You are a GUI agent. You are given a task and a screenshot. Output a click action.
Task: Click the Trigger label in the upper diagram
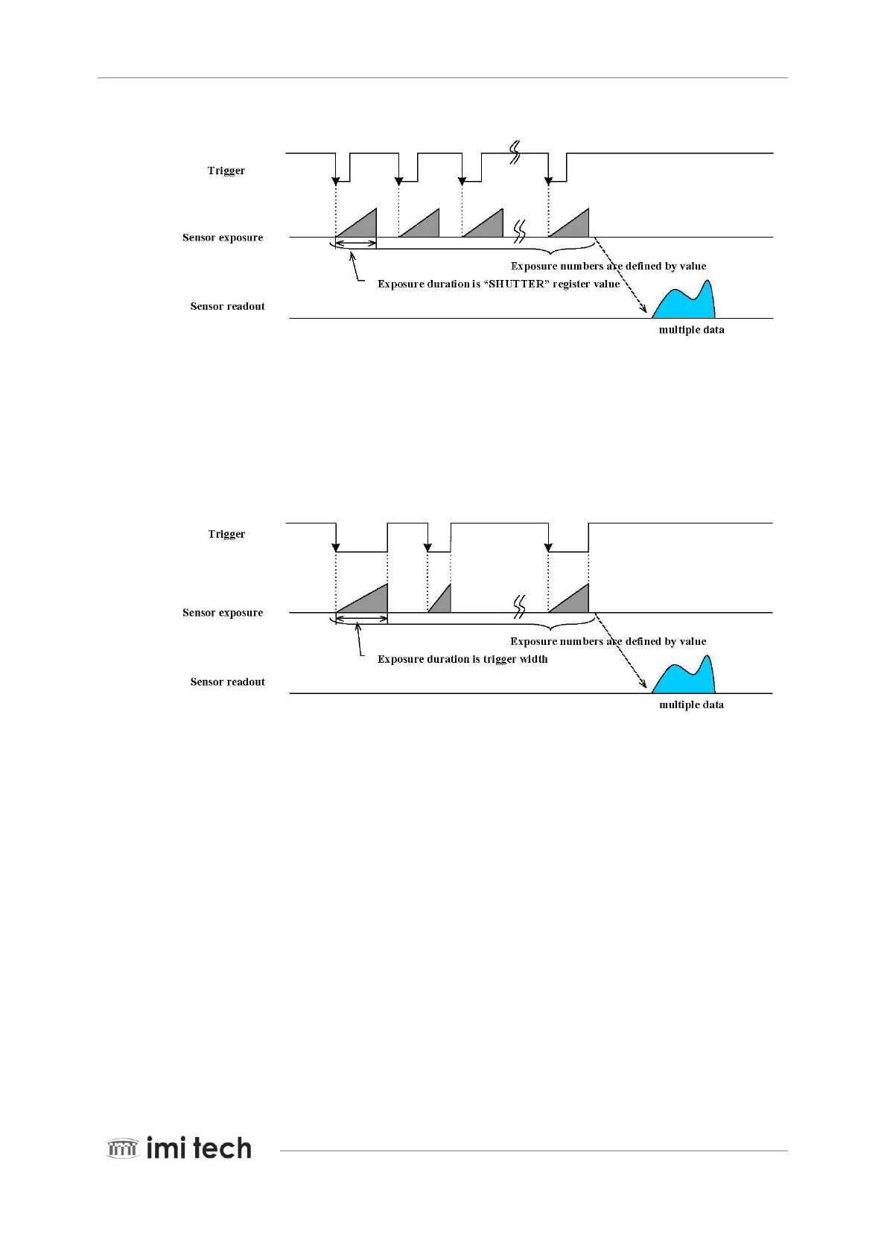pyautogui.click(x=226, y=171)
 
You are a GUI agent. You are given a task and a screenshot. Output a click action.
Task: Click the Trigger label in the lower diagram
pyautogui.click(x=226, y=534)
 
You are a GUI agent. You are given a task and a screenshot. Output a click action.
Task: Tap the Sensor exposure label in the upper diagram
pyautogui.click(x=223, y=238)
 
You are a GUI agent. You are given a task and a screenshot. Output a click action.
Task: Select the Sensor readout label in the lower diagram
pyautogui.click(x=227, y=682)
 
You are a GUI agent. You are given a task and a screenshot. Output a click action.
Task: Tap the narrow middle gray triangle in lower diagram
pyautogui.click(x=444, y=602)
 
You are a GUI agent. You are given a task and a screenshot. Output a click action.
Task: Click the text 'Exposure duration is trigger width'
pyautogui.click(x=462, y=659)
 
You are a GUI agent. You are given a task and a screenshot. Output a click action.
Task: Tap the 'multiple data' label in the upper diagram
pyautogui.click(x=691, y=330)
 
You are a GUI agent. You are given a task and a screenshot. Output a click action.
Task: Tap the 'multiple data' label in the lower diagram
pyautogui.click(x=691, y=705)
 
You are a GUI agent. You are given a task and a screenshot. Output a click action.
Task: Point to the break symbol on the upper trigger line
pyautogui.click(x=514, y=153)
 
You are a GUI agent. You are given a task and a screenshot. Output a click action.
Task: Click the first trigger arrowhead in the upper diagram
pyautogui.click(x=336, y=180)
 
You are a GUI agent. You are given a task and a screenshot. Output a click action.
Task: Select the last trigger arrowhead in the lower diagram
pyautogui.click(x=549, y=548)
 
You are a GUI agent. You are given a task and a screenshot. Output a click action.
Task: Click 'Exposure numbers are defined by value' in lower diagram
pyautogui.click(x=608, y=641)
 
